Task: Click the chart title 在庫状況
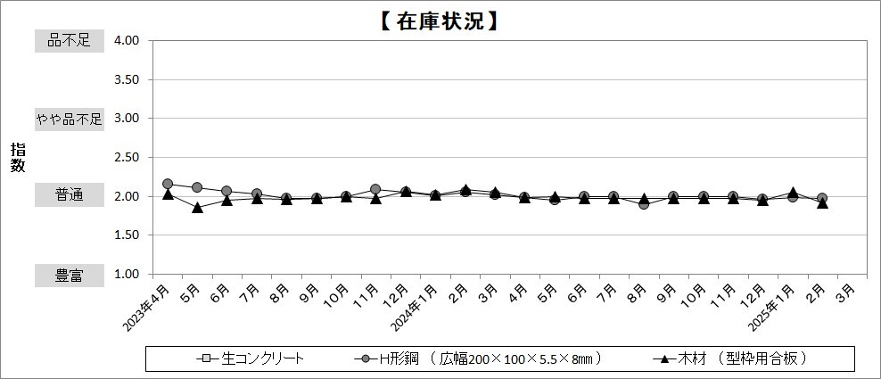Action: pyautogui.click(x=439, y=21)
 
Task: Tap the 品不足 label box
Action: pyautogui.click(x=69, y=41)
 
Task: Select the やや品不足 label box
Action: pyautogui.click(x=69, y=119)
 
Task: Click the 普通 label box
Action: pyautogui.click(x=69, y=196)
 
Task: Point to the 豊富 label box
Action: pyautogui.click(x=69, y=276)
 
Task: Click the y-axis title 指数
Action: pyautogui.click(x=18, y=157)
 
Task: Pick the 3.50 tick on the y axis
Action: pyautogui.click(x=126, y=79)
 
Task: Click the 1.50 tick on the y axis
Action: pyautogui.click(x=126, y=235)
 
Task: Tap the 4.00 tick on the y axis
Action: pyautogui.click(x=126, y=41)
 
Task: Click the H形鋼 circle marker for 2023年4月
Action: pyautogui.click(x=168, y=184)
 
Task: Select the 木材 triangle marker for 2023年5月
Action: pyautogui.click(x=197, y=207)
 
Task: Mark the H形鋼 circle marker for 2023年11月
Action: pyautogui.click(x=375, y=189)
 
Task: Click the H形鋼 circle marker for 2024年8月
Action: pyautogui.click(x=644, y=204)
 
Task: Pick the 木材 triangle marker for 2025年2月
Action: pyautogui.click(x=822, y=203)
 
